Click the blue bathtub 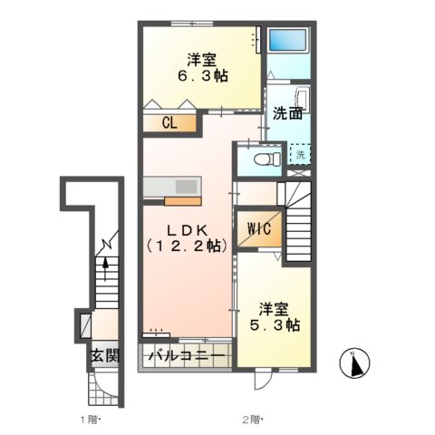coord(291,43)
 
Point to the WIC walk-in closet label coord(254,227)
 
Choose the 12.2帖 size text coord(188,245)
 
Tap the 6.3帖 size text coord(200,77)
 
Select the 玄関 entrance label coord(103,354)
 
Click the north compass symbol coord(357,363)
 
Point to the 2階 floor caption coord(253,419)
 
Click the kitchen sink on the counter coord(188,186)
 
